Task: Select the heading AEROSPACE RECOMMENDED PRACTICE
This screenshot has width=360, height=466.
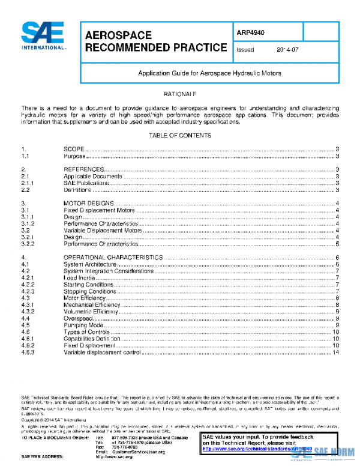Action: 156,41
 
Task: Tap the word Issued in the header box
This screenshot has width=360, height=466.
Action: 246,50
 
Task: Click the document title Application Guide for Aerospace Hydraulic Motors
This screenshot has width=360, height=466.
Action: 210,73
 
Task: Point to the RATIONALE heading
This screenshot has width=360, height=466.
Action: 180,95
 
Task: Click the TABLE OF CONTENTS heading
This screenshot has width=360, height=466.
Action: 180,136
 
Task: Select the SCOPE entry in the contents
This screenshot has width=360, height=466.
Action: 75,149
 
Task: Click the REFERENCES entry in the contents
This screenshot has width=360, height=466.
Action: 85,169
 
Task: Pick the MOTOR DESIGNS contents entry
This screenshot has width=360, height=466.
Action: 89,204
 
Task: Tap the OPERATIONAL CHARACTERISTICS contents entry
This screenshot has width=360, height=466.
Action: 113,257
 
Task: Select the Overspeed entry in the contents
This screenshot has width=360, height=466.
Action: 78,318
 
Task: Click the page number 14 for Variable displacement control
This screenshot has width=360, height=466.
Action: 336,353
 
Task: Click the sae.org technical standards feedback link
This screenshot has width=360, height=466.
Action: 259,448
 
